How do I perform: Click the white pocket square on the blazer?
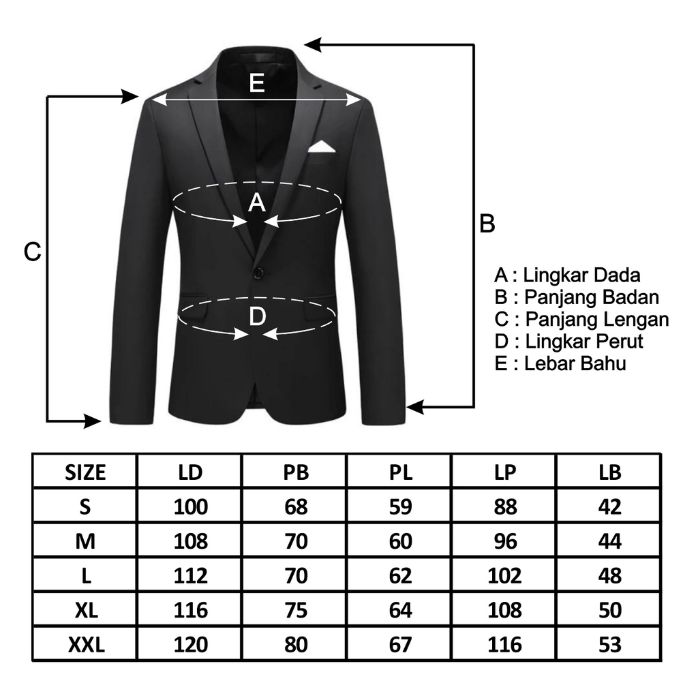click(322, 148)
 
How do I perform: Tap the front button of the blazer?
click(258, 272)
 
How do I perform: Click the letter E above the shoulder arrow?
click(257, 82)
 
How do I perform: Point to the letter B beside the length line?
click(487, 224)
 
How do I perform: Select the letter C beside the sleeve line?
click(33, 252)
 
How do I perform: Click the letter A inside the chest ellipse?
click(257, 202)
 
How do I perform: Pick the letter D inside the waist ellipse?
click(257, 316)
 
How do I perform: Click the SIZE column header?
click(85, 473)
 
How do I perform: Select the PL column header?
click(401, 473)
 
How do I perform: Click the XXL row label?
click(86, 645)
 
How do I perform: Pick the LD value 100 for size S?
click(191, 507)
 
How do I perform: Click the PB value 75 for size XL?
click(296, 610)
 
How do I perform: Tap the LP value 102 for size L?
click(505, 575)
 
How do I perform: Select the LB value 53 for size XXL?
click(610, 645)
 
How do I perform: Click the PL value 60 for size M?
click(401, 541)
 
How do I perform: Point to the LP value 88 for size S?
click(505, 507)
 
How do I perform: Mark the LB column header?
click(610, 473)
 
